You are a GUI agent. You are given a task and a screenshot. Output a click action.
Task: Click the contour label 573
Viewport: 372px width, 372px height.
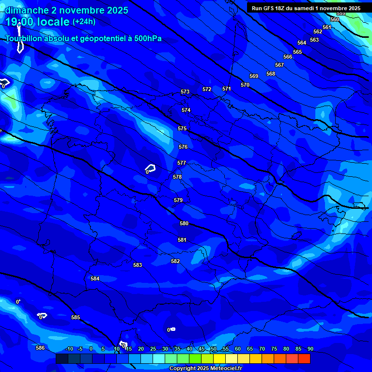[185, 92]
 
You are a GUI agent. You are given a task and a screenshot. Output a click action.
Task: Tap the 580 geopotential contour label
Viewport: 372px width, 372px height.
[184, 223]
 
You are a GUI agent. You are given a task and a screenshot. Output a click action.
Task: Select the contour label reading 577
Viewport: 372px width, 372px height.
[182, 163]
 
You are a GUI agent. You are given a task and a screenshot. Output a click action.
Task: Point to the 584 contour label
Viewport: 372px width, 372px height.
[95, 279]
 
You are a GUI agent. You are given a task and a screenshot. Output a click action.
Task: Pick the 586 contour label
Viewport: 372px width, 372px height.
[40, 348]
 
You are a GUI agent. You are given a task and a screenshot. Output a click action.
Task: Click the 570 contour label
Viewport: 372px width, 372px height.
[245, 85]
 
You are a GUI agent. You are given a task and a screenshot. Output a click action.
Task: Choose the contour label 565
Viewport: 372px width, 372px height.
[297, 52]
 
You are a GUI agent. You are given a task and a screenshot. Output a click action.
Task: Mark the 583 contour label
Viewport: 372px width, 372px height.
[138, 265]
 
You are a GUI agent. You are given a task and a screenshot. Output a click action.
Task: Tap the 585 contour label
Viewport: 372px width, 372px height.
[76, 317]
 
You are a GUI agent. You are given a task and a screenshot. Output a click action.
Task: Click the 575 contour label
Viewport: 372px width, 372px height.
[182, 128]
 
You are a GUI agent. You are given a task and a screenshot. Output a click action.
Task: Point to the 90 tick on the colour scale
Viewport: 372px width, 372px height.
[310, 349]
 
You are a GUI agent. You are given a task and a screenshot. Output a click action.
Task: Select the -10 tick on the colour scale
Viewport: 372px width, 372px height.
[69, 349]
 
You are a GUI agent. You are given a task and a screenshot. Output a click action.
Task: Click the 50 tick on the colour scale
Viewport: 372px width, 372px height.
[214, 349]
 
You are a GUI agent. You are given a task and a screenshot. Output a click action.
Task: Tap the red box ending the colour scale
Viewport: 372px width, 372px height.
[304, 358]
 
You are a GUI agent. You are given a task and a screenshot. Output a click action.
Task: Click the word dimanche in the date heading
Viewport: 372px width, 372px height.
[25, 10]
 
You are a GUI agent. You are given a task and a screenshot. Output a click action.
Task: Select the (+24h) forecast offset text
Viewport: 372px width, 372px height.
[84, 22]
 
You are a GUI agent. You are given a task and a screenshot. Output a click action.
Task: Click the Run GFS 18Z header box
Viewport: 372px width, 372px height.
[306, 8]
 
